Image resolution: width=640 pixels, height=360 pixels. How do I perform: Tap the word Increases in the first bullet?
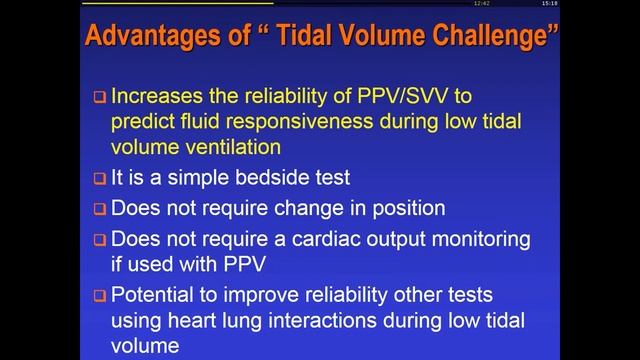click(x=161, y=97)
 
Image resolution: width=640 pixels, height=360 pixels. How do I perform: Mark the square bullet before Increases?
click(x=99, y=98)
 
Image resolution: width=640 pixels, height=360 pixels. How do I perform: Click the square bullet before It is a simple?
click(x=99, y=180)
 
